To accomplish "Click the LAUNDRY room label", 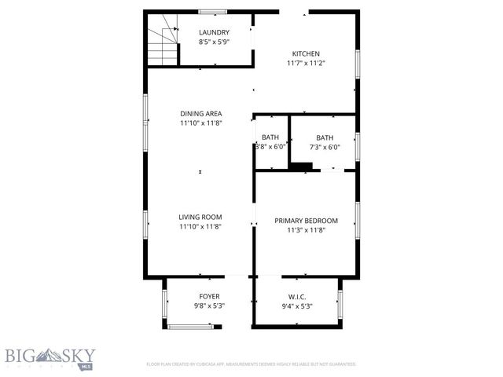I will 214,32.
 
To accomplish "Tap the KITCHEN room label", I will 306,53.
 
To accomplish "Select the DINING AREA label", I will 200,113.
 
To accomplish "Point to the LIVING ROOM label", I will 200,217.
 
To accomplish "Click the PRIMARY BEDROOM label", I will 306,221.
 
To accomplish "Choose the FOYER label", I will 209,296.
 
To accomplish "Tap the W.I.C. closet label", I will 297,296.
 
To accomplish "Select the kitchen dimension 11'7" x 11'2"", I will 306,63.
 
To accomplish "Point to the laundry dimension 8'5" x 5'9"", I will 214,42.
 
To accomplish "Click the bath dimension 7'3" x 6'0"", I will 324,147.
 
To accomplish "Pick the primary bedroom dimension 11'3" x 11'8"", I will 306,230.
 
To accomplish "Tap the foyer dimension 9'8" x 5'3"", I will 209,306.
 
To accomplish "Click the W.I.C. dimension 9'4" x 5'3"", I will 297,306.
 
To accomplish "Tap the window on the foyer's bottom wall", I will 191,326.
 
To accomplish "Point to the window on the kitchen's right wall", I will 358,64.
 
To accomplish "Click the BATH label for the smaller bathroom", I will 270,137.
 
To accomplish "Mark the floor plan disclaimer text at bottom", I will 251,364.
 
